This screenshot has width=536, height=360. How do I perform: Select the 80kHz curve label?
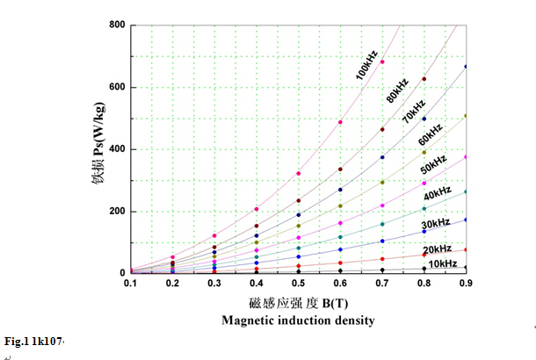[x=397, y=90]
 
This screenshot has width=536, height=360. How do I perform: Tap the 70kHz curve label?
[x=414, y=112]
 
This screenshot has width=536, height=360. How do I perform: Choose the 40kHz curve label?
[x=438, y=192]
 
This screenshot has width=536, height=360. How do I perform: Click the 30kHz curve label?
[x=436, y=225]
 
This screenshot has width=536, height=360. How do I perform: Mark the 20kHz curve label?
[x=436, y=248]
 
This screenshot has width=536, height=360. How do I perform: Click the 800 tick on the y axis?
[x=117, y=25]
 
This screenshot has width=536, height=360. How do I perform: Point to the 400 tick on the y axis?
[x=117, y=149]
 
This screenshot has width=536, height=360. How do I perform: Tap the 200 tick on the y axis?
[x=117, y=212]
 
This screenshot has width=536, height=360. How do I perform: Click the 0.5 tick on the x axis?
[x=299, y=284]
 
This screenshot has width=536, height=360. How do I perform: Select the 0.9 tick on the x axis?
[x=466, y=284]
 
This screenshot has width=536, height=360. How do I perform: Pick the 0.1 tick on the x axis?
[x=131, y=284]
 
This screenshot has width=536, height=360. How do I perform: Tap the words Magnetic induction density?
[x=299, y=320]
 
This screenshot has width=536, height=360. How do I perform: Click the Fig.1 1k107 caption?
[x=34, y=341]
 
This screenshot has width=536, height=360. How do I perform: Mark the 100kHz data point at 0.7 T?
[x=382, y=61]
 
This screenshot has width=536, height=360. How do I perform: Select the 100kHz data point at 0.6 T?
[x=340, y=122]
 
